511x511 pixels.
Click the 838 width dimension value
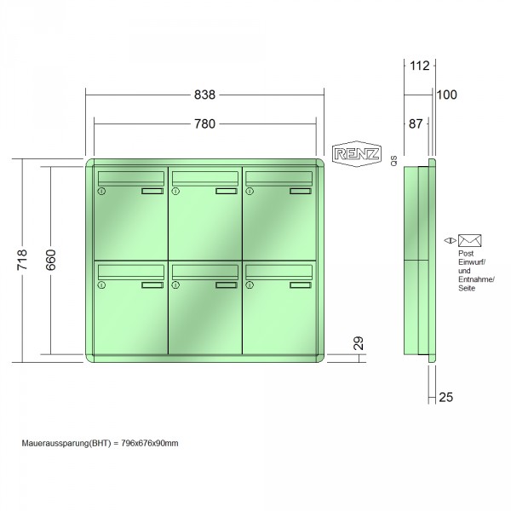tap(204, 95)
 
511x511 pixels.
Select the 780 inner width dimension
tap(204, 123)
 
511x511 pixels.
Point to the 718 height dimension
tap(22, 260)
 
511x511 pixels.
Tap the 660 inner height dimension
tap(51, 260)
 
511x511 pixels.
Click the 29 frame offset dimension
tap(359, 343)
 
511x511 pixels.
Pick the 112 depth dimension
tap(419, 66)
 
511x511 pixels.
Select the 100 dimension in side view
tap(447, 95)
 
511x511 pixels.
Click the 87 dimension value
tap(416, 123)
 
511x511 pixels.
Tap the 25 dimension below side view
tap(445, 397)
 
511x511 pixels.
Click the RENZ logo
tap(357, 154)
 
